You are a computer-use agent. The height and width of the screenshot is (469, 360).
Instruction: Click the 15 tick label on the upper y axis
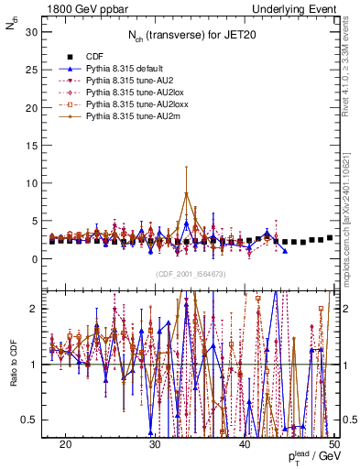point(35,146)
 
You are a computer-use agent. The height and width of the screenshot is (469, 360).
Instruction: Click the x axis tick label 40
point(245,444)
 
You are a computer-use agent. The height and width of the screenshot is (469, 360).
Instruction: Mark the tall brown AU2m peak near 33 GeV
point(186,193)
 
